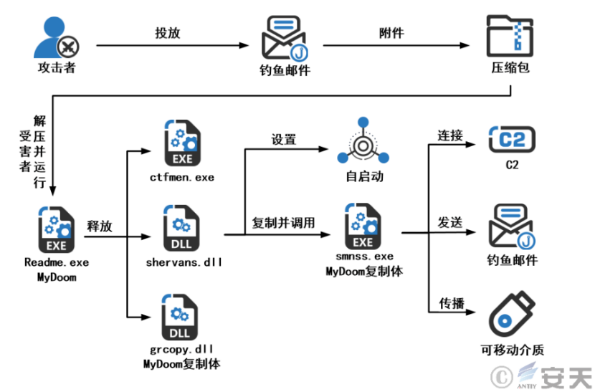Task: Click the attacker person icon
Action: tap(56, 38)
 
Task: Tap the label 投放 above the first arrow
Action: tap(167, 33)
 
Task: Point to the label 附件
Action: tap(391, 33)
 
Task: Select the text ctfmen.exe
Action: tap(182, 177)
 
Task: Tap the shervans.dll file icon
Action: tap(182, 229)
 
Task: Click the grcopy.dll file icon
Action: tap(181, 319)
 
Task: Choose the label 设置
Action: tap(284, 139)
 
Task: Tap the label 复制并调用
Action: tap(283, 222)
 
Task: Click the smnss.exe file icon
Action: tap(363, 226)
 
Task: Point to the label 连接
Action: tap(450, 135)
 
